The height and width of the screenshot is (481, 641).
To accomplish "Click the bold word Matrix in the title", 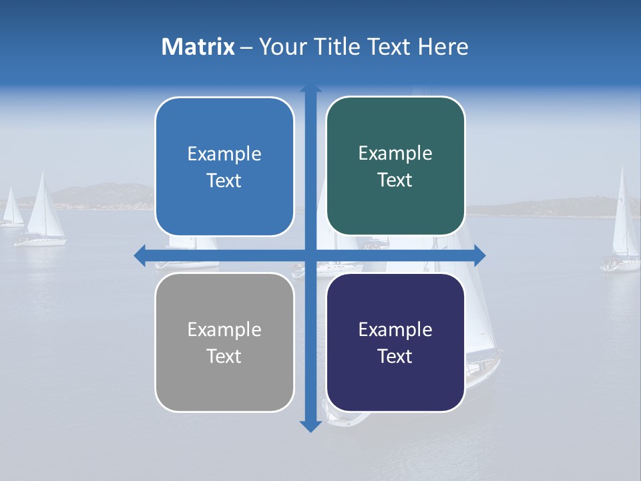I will click(x=198, y=47).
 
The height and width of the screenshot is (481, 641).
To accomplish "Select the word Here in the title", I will click(x=443, y=47).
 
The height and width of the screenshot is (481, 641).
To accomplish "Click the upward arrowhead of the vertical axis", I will click(x=310, y=90).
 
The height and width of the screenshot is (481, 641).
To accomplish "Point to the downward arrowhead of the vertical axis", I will click(x=310, y=426).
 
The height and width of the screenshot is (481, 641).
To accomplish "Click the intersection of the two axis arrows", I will click(x=310, y=255).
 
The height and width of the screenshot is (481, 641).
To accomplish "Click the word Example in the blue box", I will click(x=224, y=154).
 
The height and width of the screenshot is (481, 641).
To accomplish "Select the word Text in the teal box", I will click(x=395, y=180).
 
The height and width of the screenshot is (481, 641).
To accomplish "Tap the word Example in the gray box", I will click(x=224, y=330).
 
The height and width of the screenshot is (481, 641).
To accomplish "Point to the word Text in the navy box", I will click(x=395, y=357).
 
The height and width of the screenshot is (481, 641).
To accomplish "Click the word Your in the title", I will click(x=280, y=47).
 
